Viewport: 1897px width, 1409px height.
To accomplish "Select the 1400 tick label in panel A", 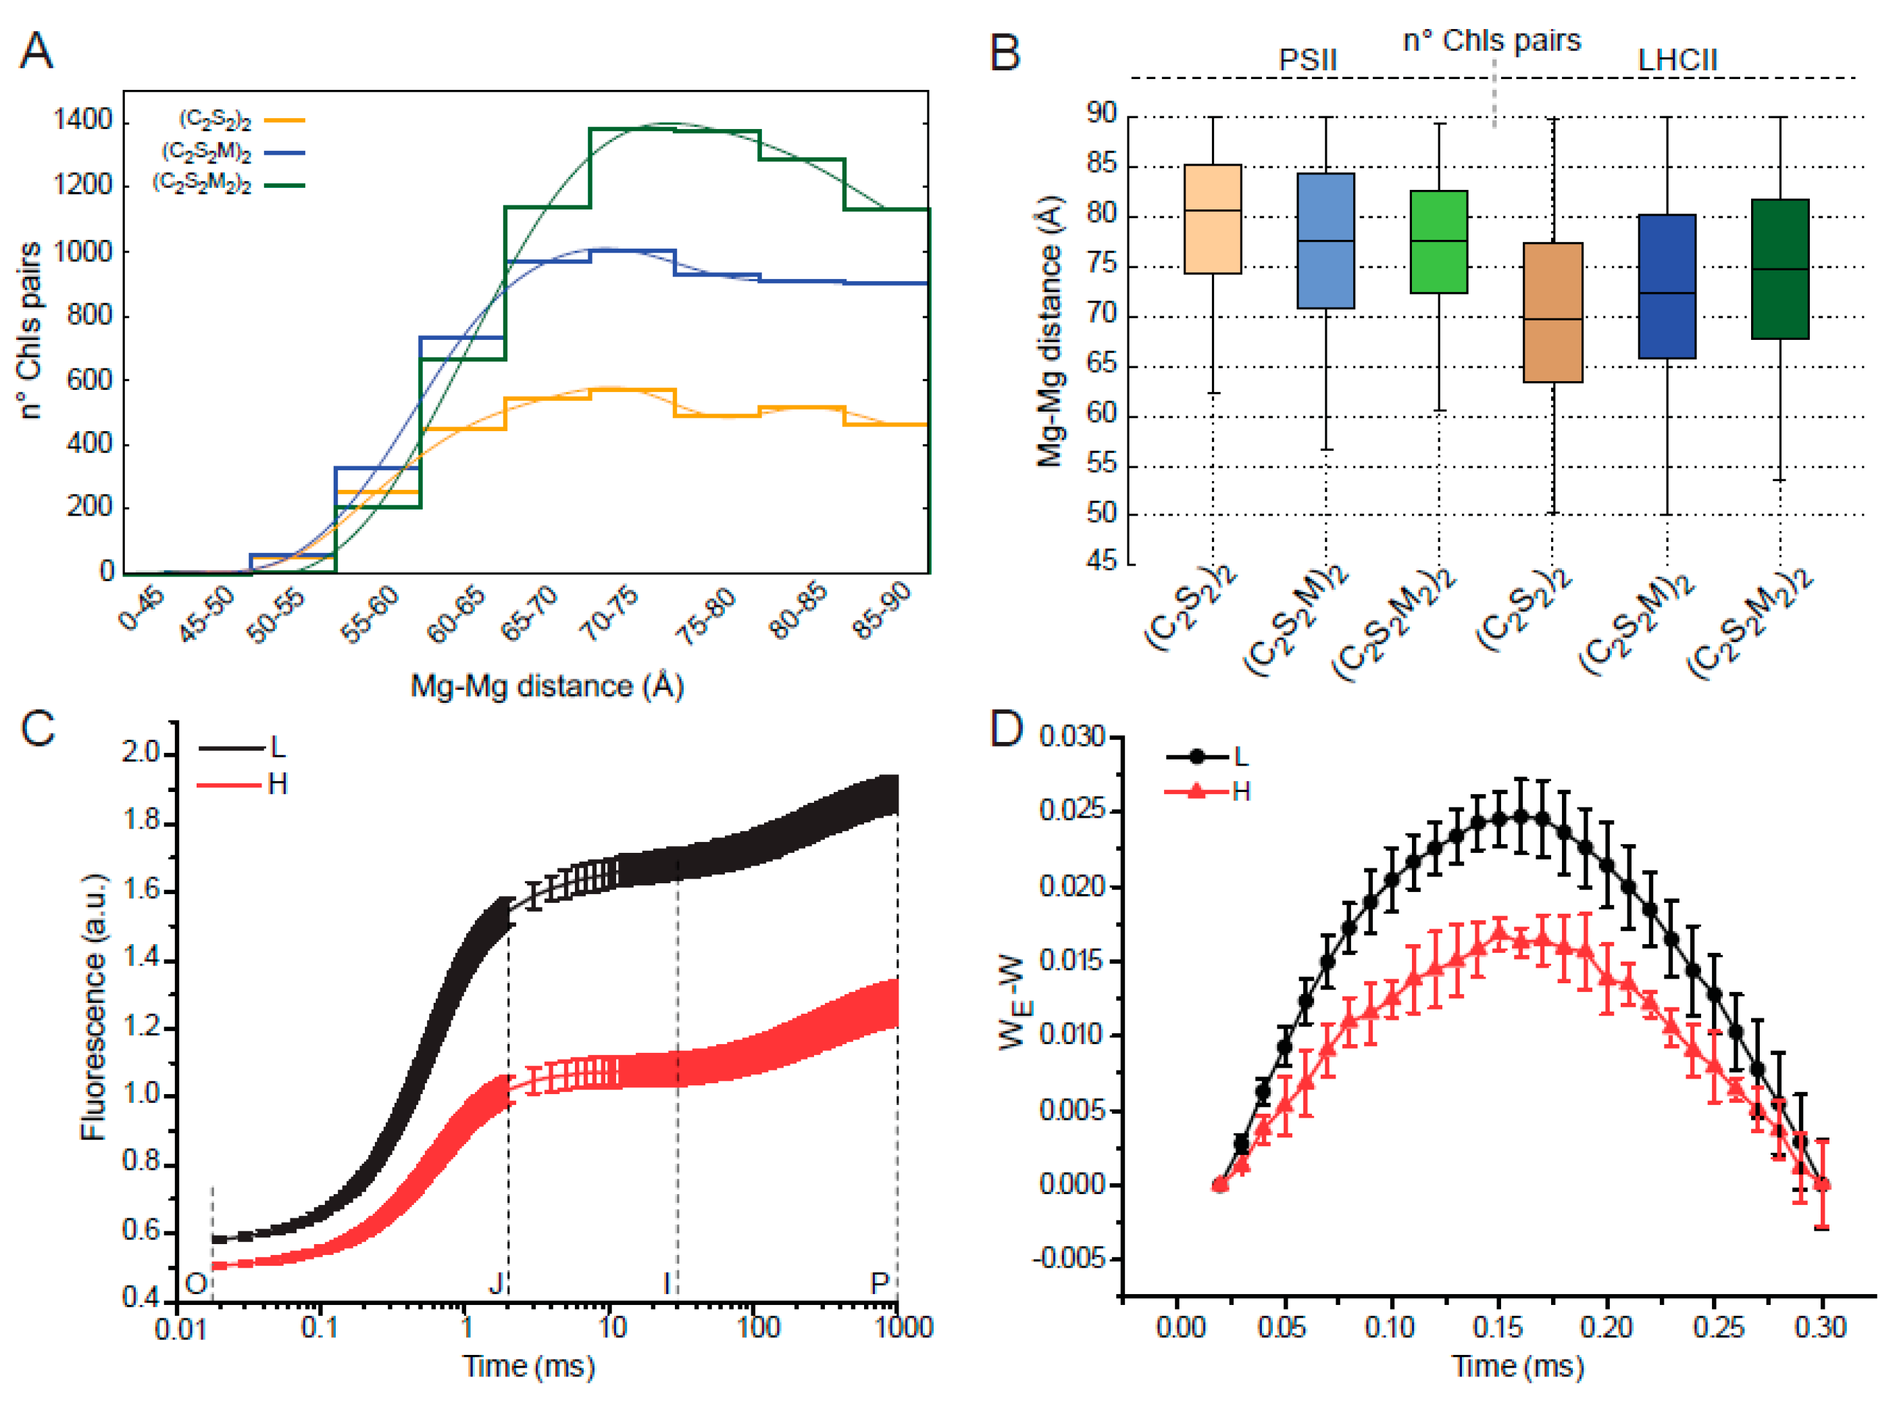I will pos(82,120).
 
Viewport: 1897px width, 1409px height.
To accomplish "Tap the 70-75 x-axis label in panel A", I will pos(608,614).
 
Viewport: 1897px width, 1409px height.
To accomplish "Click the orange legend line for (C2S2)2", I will pos(284,121).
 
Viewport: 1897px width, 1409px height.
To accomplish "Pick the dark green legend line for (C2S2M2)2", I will pos(284,185).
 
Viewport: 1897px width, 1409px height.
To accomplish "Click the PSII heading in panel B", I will pos(1307,61).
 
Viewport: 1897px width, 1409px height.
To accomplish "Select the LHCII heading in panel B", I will pos(1677,61).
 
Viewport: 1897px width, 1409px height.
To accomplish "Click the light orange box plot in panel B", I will pos(1213,219).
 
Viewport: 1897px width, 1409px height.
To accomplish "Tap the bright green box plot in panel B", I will pos(1438,242).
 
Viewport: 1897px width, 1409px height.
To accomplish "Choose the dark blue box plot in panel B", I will pos(1666,287).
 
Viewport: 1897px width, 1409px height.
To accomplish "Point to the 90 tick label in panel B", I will pos(1101,114).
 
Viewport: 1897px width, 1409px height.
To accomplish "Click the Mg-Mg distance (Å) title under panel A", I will pos(547,687).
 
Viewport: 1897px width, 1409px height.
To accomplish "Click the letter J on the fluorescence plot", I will pos(496,1282).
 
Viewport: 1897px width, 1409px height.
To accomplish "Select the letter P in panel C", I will pos(879,1282).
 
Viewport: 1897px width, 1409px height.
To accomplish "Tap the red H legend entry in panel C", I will pos(244,785).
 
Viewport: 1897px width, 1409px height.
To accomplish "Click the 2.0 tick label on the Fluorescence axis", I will pos(141,753).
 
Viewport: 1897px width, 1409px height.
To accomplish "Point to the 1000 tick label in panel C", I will pos(898,1328).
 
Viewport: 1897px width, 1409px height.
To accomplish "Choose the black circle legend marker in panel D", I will pos(1197,756).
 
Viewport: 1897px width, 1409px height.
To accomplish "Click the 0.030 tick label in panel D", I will pos(1071,737).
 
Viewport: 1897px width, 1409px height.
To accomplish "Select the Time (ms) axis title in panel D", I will pos(1517,1366).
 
